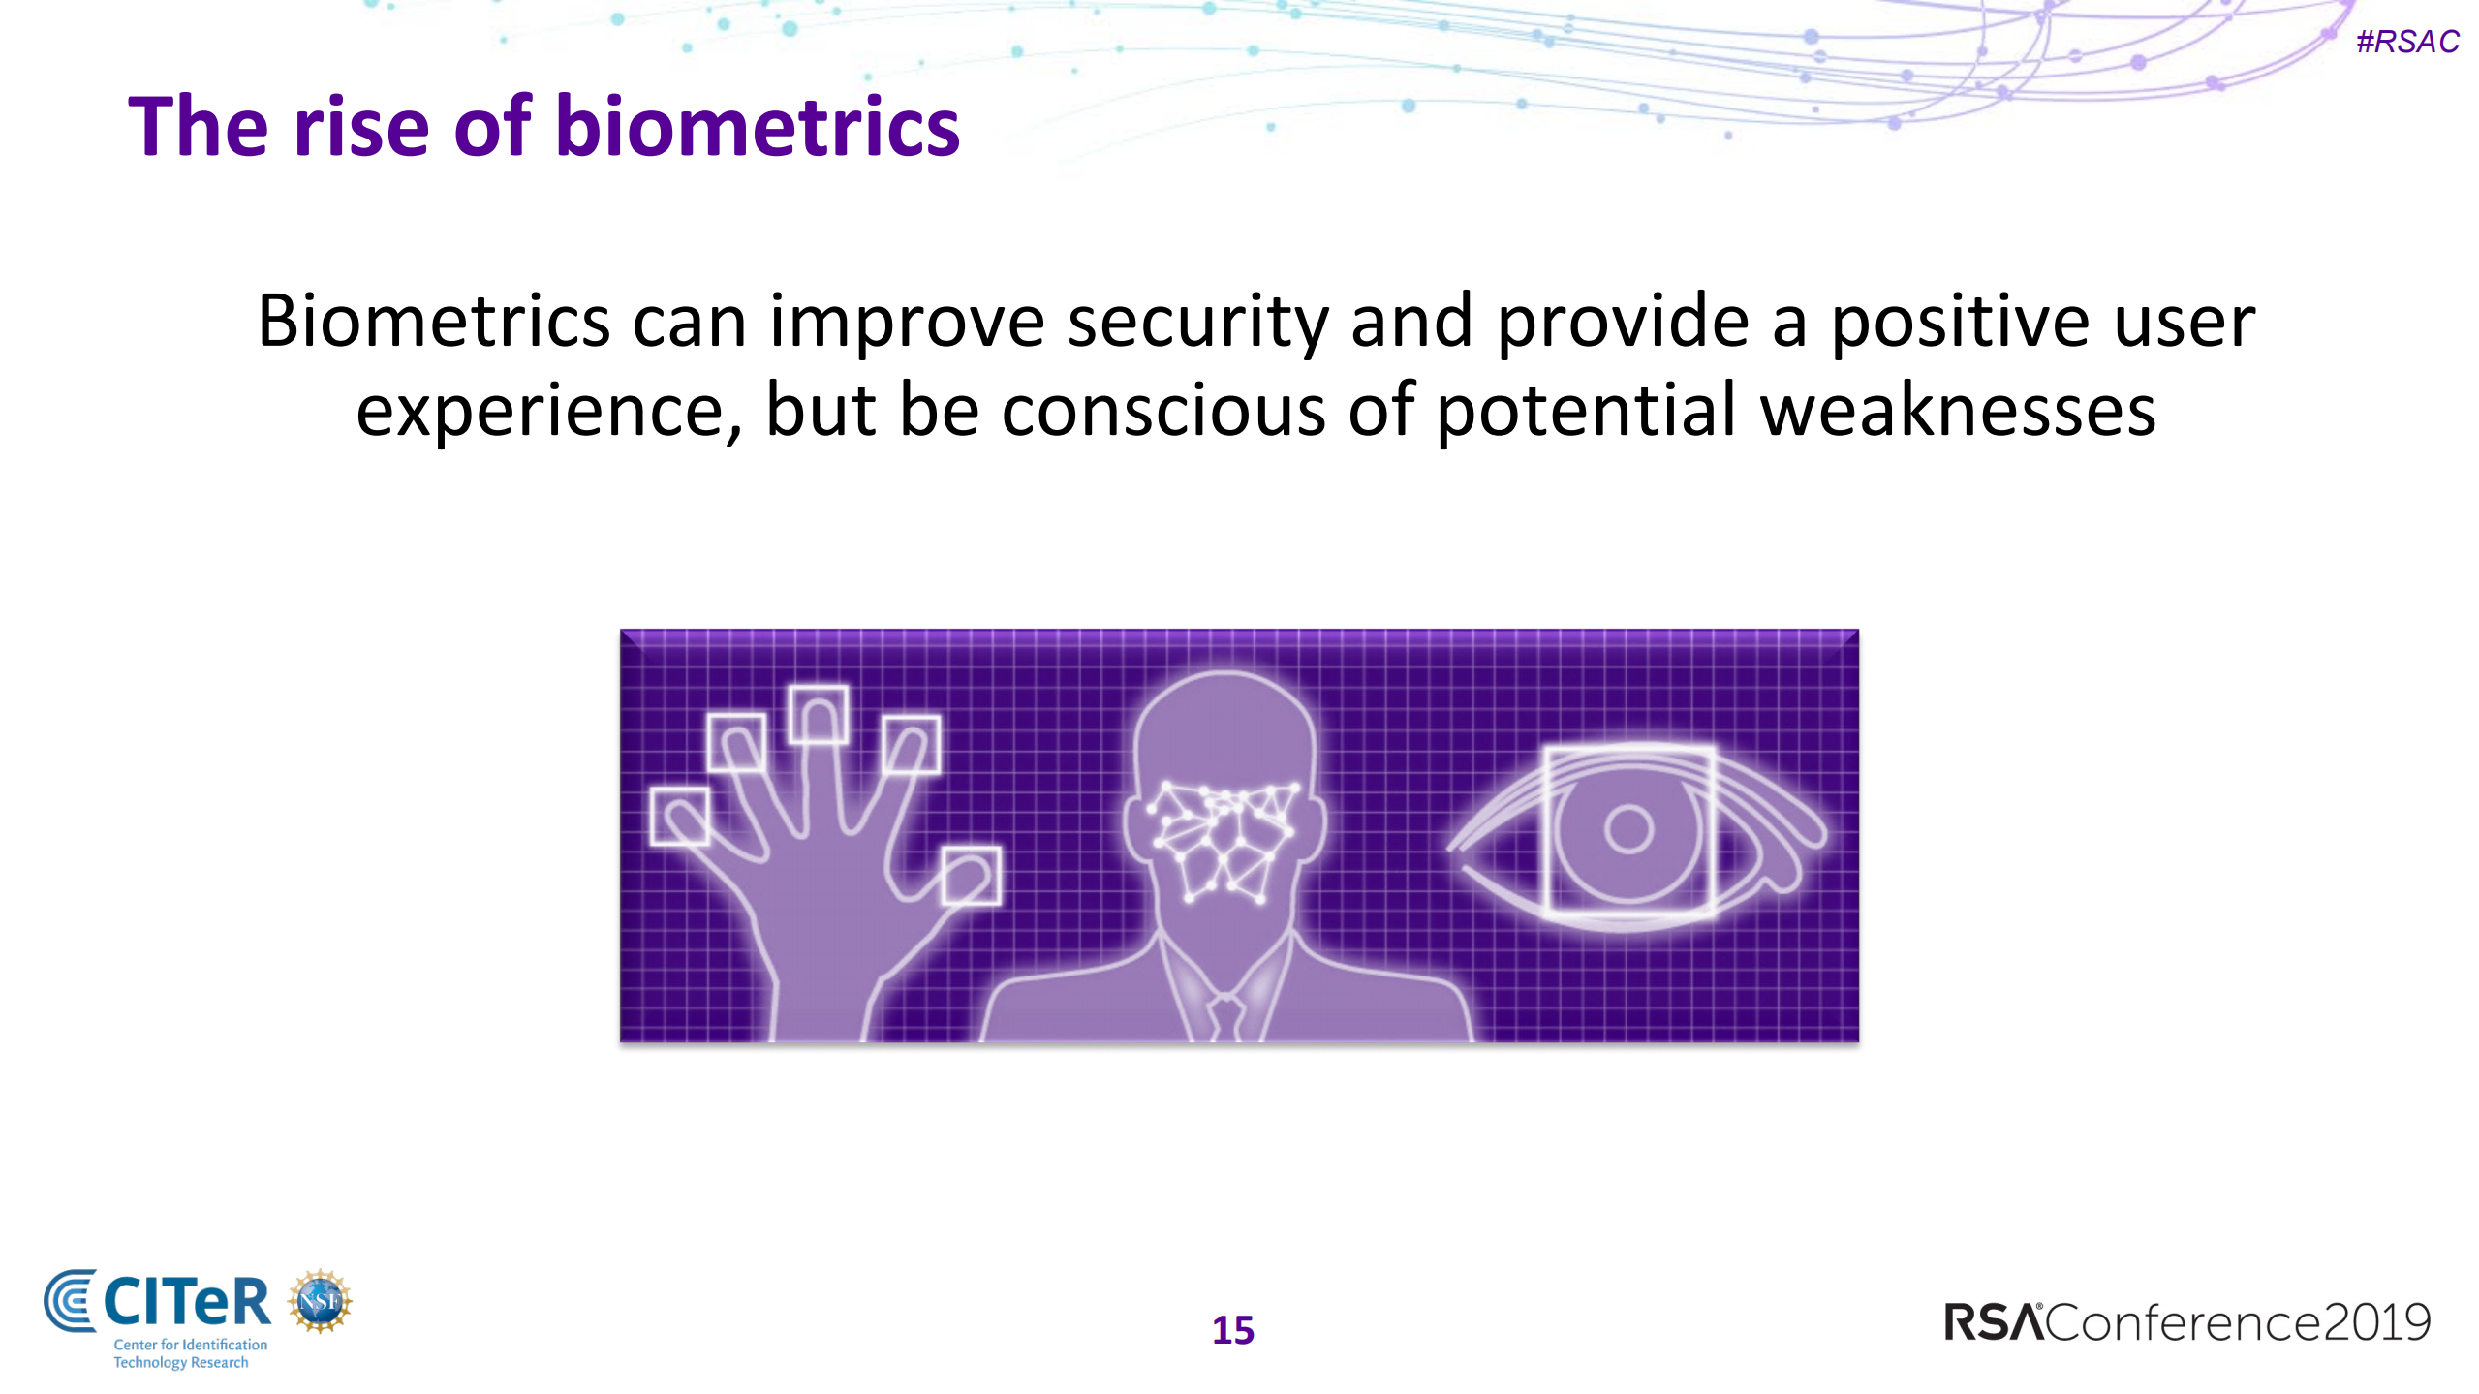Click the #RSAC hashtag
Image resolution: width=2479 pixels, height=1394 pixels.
tap(2407, 42)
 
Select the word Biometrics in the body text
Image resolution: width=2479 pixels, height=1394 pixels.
tap(434, 322)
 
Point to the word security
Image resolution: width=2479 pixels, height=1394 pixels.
tap(1197, 322)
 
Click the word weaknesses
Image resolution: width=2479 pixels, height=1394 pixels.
tap(1958, 411)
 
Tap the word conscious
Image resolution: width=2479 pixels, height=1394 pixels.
tap(1163, 411)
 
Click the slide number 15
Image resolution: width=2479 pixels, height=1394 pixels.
tap(1233, 1330)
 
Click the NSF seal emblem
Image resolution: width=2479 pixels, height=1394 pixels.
tap(320, 1301)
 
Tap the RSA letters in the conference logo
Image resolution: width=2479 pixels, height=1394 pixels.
tap(1993, 1322)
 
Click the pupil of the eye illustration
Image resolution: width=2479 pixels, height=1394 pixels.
tap(1628, 829)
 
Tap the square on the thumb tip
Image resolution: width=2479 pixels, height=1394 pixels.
tap(971, 876)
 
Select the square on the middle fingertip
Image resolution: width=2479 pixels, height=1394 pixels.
tap(819, 715)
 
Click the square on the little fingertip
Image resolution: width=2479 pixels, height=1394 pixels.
tap(679, 816)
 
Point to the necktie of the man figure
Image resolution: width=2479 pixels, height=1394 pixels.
tap(1225, 1017)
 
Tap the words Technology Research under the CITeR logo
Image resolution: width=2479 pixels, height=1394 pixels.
tap(181, 1363)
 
